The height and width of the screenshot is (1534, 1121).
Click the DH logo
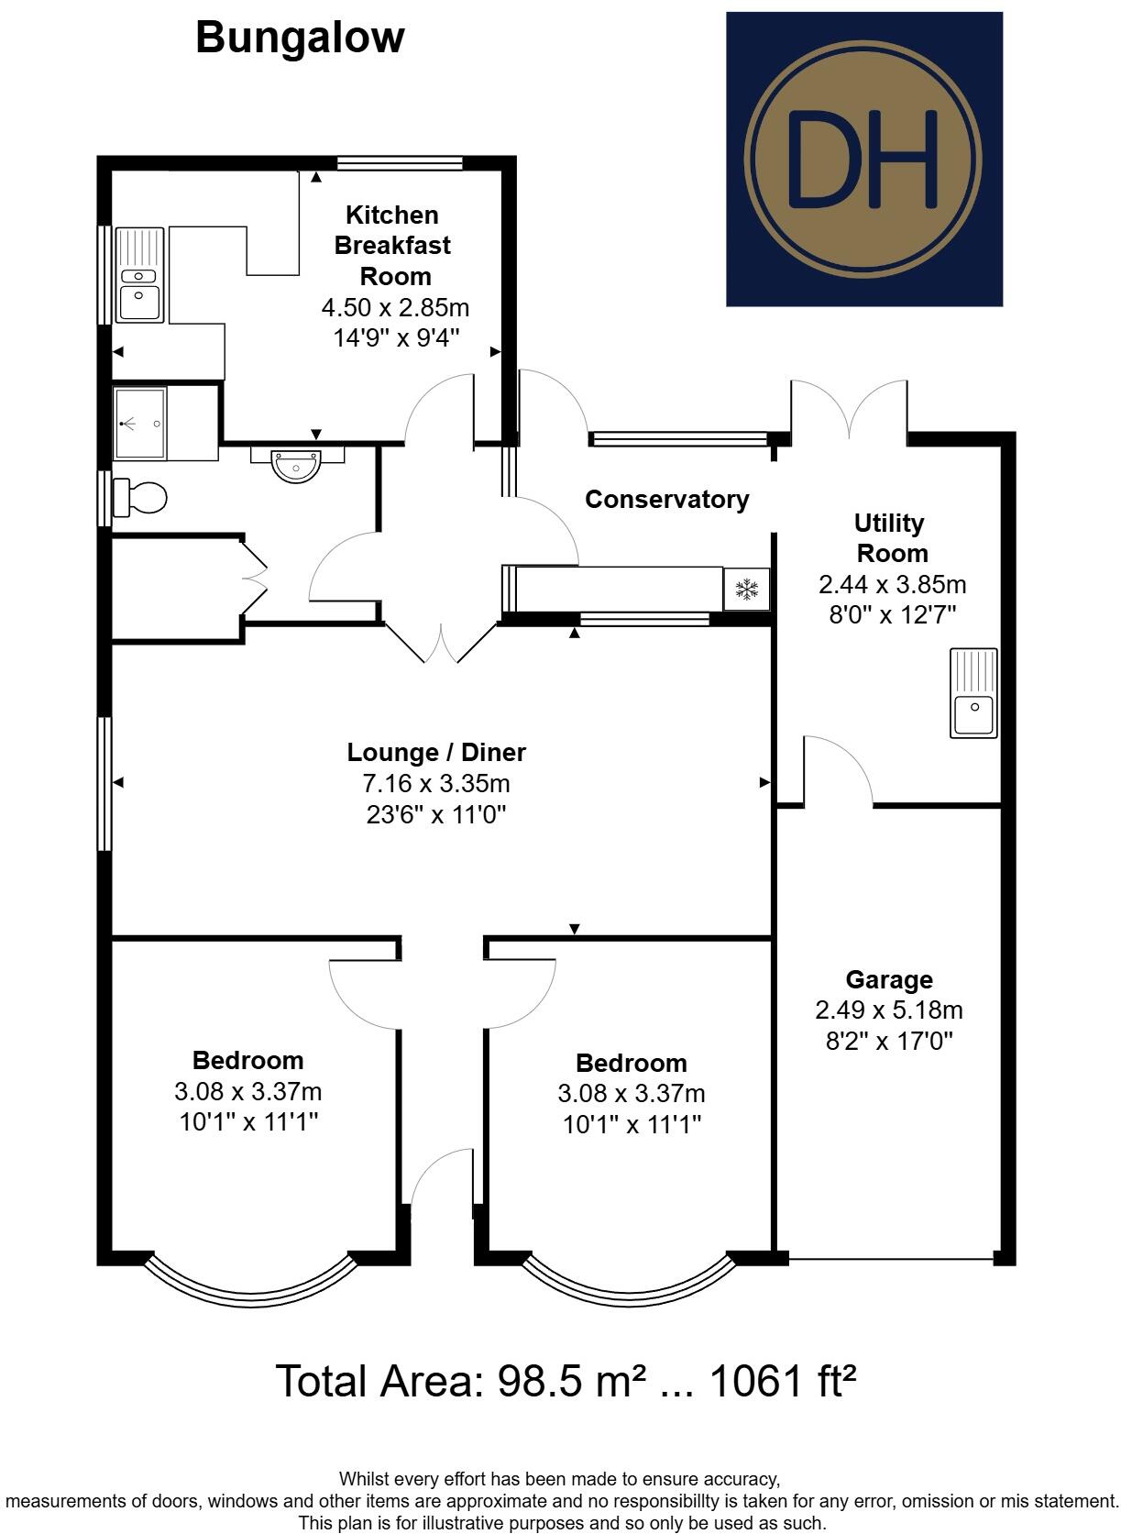click(863, 159)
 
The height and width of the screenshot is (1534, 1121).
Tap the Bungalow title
click(300, 39)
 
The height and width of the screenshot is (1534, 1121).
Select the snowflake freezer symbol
click(747, 589)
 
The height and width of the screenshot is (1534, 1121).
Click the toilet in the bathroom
click(140, 498)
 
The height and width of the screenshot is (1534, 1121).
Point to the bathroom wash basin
click(298, 464)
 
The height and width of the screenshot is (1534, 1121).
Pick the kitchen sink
click(139, 275)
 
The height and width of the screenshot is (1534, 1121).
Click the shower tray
click(140, 424)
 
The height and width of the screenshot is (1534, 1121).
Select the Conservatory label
click(666, 500)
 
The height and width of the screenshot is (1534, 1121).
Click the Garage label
click(888, 980)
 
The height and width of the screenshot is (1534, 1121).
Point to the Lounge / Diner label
click(436, 753)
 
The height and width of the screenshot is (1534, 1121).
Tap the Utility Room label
click(890, 538)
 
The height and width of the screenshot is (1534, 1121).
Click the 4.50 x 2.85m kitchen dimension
click(395, 307)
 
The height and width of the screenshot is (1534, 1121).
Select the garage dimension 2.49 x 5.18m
click(888, 1010)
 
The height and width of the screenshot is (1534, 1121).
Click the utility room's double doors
click(850, 408)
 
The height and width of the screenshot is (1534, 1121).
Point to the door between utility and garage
click(839, 770)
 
